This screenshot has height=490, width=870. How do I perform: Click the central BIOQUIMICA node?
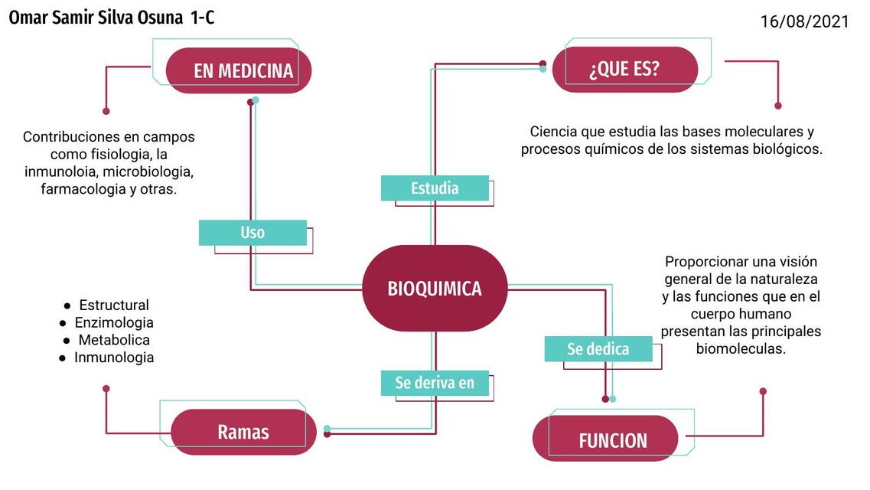[x=434, y=289]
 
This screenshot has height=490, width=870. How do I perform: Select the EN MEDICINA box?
[x=239, y=71]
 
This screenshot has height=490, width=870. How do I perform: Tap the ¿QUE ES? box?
[x=624, y=70]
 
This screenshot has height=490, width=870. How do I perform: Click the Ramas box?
[x=243, y=432]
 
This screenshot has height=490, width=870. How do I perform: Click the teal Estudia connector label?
[x=435, y=188]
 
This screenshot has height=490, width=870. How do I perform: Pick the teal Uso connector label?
[x=253, y=233]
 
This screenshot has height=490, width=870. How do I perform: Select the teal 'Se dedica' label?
[x=598, y=349]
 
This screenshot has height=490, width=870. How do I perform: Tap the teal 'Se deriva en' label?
[x=435, y=383]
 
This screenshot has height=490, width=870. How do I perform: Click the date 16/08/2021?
[x=804, y=21]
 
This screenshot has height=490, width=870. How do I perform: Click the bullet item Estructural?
[x=114, y=305]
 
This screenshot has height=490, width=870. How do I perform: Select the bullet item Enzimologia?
[x=114, y=323]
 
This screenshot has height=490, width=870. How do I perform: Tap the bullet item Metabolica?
[x=114, y=340]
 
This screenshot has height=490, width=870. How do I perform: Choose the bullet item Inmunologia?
[x=114, y=358]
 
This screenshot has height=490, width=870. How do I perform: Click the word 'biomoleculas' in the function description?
[x=741, y=349]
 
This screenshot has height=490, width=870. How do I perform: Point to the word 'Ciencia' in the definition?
[x=553, y=132]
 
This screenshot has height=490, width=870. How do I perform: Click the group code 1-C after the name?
[x=204, y=18]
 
